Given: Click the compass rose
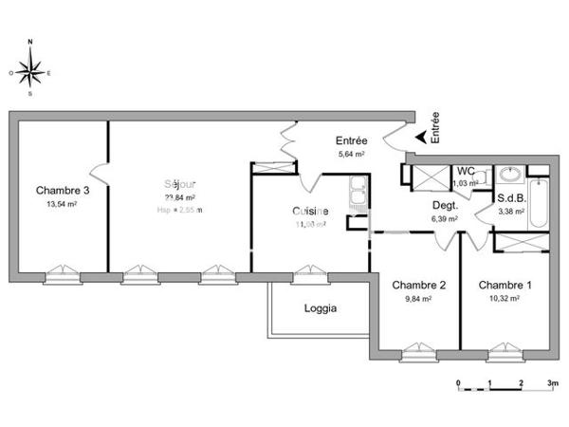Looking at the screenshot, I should point(30,69).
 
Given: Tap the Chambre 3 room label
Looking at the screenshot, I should point(63,190).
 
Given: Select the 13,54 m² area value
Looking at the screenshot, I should point(61,204).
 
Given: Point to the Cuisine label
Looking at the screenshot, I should point(310,211).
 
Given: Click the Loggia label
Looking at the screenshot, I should point(321,307).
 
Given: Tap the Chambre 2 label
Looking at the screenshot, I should point(418,285).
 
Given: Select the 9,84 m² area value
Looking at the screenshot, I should point(418,299).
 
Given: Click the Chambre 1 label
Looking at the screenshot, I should point(505,285).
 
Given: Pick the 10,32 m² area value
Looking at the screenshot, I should point(505,299).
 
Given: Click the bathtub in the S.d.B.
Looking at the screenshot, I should point(538,205).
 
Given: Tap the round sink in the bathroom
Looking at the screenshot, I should point(510,175).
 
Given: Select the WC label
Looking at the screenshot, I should point(466,171).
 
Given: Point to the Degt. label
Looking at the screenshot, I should point(446,205).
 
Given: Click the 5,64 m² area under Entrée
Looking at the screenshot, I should point(351,153).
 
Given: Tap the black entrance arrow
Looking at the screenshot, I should point(420,139).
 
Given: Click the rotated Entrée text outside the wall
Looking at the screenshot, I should point(435,128).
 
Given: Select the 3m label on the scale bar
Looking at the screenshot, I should point(553,384).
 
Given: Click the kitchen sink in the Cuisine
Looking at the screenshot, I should point(357,193).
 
